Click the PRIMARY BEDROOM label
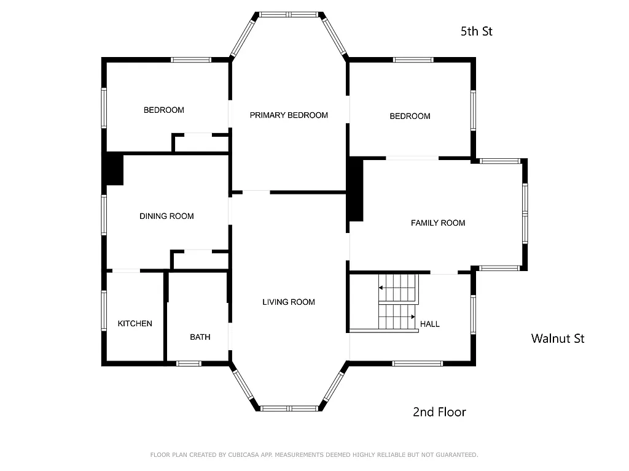[289, 115]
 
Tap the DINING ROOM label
[166, 216]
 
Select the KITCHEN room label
[135, 323]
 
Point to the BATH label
[200, 337]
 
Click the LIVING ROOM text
[289, 302]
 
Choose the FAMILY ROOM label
[438, 223]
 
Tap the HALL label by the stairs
[429, 324]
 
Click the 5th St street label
[477, 31]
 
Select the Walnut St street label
[558, 338]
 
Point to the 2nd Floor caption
[439, 412]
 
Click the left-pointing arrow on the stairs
[382, 287]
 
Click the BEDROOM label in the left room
[164, 110]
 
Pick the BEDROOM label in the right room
[410, 116]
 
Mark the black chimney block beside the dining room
[113, 169]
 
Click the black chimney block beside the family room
[355, 190]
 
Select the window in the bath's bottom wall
[189, 364]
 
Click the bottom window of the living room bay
[289, 408]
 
